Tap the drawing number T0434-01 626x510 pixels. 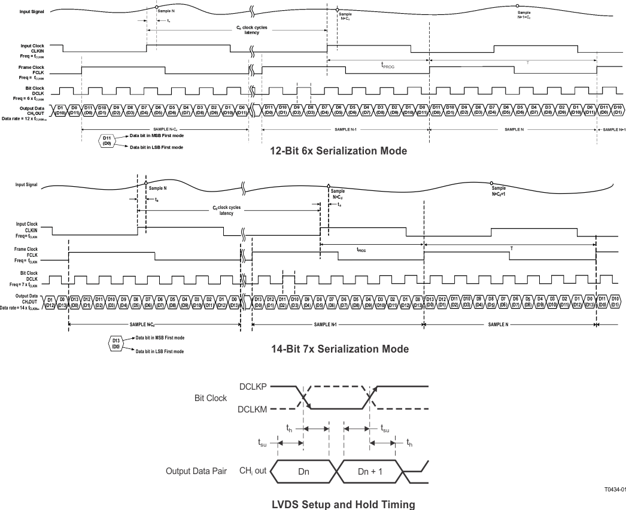[x=615, y=488]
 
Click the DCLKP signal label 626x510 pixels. [x=254, y=387]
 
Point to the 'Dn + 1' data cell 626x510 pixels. [x=371, y=471]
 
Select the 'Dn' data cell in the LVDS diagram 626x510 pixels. [x=303, y=471]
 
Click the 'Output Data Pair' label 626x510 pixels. [x=196, y=471]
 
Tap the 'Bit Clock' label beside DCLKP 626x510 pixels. [x=211, y=397]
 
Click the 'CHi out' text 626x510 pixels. [x=253, y=470]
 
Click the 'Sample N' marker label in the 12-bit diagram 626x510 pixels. [x=165, y=11]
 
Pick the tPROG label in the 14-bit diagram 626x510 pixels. [x=362, y=251]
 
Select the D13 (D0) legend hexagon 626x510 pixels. [x=116, y=344]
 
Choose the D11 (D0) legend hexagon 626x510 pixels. [x=107, y=141]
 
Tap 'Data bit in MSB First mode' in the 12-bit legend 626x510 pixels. [x=156, y=136]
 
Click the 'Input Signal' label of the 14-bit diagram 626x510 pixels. [x=27, y=184]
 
